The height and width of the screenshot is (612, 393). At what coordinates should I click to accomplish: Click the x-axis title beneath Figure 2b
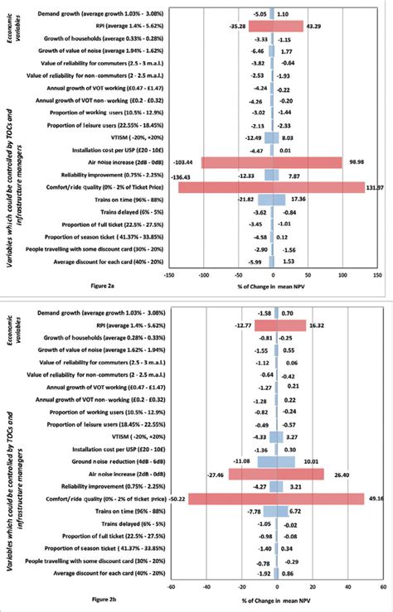point(269,599)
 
